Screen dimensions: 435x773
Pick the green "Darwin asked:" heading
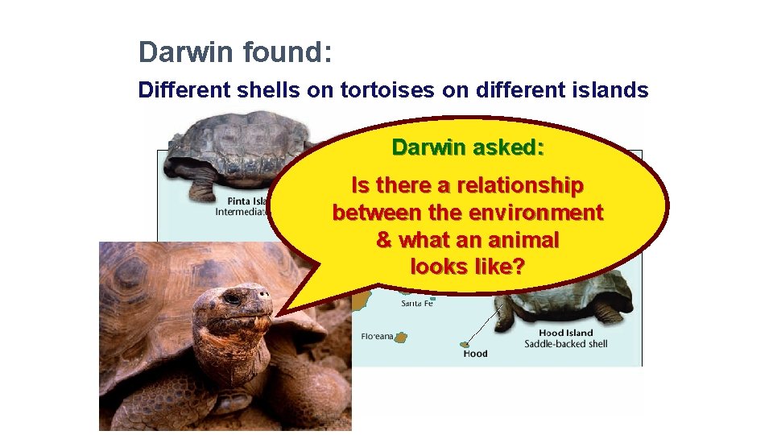pyautogui.click(x=468, y=147)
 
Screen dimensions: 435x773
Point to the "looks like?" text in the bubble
pyautogui.click(x=468, y=266)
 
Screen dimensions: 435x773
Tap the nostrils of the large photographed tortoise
pyautogui.click(x=263, y=309)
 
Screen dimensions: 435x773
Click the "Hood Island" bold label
pyautogui.click(x=565, y=333)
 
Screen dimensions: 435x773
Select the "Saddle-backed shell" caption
pyautogui.click(x=565, y=345)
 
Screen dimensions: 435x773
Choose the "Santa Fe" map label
pyautogui.click(x=417, y=304)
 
